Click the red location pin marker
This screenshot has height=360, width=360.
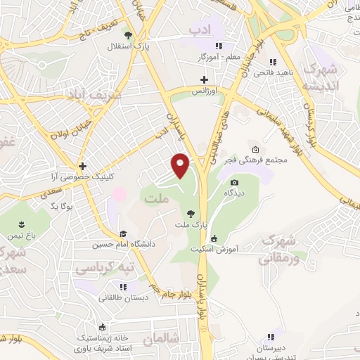pos(181,165)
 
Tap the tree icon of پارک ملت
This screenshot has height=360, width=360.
pos(190,213)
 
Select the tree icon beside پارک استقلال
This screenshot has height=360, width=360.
pos(127,34)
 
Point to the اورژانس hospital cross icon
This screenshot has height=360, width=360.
pos(205,79)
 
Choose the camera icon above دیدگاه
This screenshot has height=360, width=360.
pos(235,182)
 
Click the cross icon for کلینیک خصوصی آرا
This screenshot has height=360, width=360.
pos(83,167)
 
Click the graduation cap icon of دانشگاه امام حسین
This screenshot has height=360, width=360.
pos(123,234)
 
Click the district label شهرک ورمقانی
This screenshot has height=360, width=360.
pos(278,249)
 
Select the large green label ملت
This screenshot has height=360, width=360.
pos(155,200)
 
